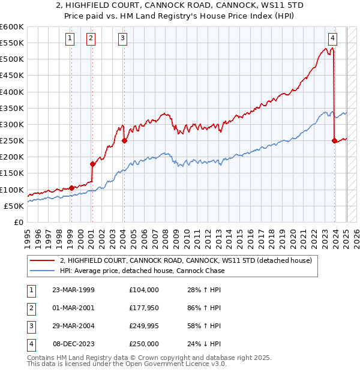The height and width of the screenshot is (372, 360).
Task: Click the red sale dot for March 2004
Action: coord(124,141)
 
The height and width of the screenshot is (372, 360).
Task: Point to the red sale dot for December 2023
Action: coord(334,141)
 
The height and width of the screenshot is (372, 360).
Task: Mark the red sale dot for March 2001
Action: coord(92,164)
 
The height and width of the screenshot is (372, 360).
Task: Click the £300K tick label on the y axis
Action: coord(13,125)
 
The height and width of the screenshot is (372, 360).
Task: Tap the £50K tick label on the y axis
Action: coord(15,206)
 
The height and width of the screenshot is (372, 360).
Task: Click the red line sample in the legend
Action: coord(41,261)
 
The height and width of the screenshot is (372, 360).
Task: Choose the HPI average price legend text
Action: coord(142,271)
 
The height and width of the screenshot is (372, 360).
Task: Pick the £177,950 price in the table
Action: coord(143,308)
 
